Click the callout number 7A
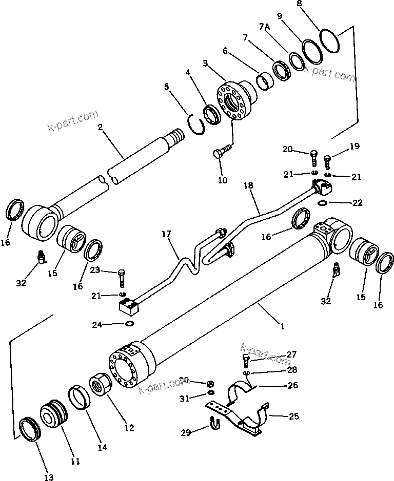(x=265, y=27)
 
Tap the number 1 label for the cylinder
(x=282, y=325)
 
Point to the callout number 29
(x=185, y=433)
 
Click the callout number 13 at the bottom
(x=48, y=477)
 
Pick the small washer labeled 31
(x=211, y=392)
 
